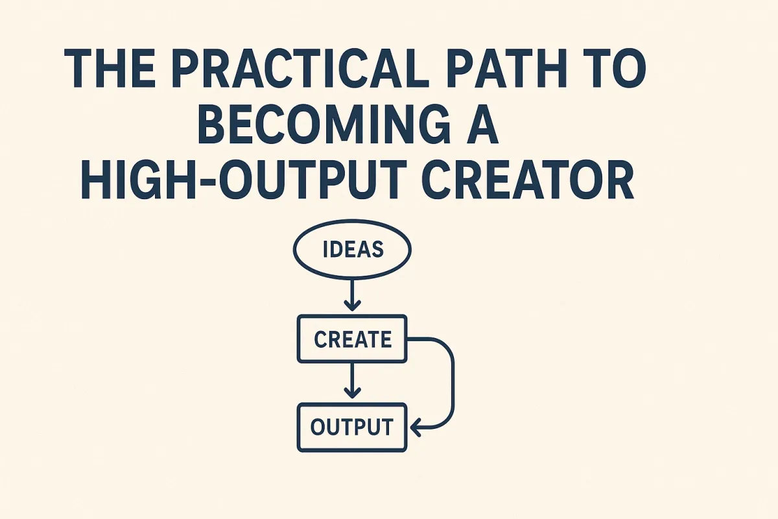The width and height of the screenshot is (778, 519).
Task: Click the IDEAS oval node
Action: click(x=352, y=250)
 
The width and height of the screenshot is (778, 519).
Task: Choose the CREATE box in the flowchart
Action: click(x=352, y=339)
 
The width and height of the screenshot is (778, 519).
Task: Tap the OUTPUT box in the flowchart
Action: click(x=352, y=427)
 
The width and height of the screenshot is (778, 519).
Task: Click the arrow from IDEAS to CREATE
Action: click(x=352, y=292)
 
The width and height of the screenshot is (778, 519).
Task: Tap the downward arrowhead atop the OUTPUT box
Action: click(x=352, y=392)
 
